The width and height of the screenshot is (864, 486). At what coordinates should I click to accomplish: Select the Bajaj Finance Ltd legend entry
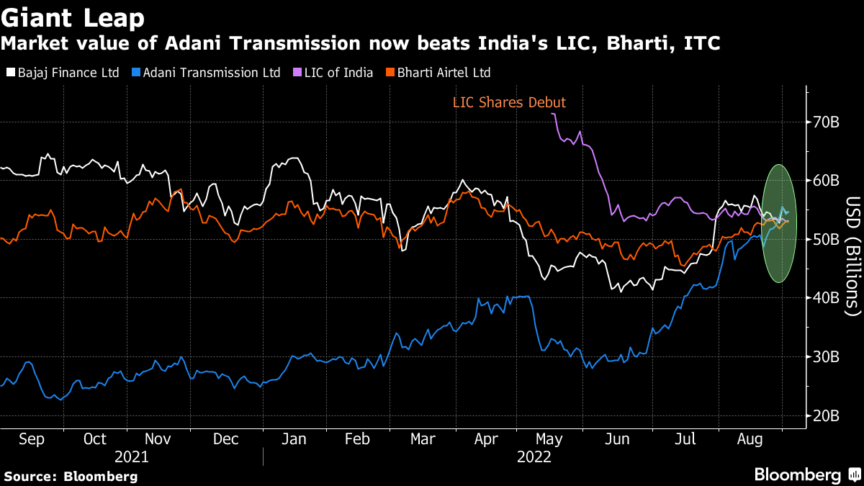(63, 73)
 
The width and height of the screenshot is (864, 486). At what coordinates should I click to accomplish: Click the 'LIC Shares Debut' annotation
(509, 103)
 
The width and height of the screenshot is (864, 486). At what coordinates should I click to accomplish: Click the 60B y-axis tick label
(825, 180)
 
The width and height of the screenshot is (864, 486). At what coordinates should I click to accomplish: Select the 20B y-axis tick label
(825, 415)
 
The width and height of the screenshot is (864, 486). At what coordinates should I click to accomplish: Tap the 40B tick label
(825, 297)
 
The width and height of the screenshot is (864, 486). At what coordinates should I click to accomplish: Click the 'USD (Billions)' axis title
(852, 256)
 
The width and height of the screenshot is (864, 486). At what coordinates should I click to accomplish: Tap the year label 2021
(132, 457)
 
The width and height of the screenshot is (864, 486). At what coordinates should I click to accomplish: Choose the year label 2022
(534, 457)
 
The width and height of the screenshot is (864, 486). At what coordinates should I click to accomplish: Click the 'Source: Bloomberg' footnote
(71, 476)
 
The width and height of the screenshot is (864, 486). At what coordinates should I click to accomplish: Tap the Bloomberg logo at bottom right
(806, 474)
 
